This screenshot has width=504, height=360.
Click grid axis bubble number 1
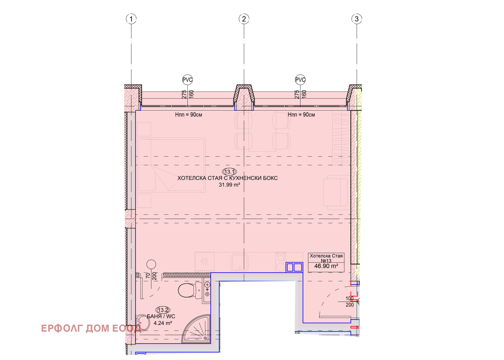(x=131, y=19)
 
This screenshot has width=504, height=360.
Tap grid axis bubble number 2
(x=244, y=19)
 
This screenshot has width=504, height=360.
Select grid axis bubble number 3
(x=357, y=19)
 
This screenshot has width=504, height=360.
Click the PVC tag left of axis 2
(x=187, y=80)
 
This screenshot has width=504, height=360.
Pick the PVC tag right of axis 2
(x=300, y=80)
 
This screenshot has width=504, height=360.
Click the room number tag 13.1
(x=229, y=172)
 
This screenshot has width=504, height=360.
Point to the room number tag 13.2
(x=163, y=310)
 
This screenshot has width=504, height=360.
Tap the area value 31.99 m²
(x=229, y=185)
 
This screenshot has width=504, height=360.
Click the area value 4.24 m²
(x=163, y=323)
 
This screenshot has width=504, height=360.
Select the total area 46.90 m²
(x=326, y=266)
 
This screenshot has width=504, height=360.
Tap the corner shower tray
(x=196, y=329)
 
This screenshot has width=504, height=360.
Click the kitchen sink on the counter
(x=240, y=262)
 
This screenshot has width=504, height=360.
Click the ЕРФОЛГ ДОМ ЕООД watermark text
(x=91, y=328)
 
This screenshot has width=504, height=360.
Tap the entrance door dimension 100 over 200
(x=350, y=301)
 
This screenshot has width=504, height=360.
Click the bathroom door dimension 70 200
(x=151, y=276)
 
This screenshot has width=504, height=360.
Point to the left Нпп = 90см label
(x=189, y=115)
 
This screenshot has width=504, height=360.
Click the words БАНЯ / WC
(x=161, y=316)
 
